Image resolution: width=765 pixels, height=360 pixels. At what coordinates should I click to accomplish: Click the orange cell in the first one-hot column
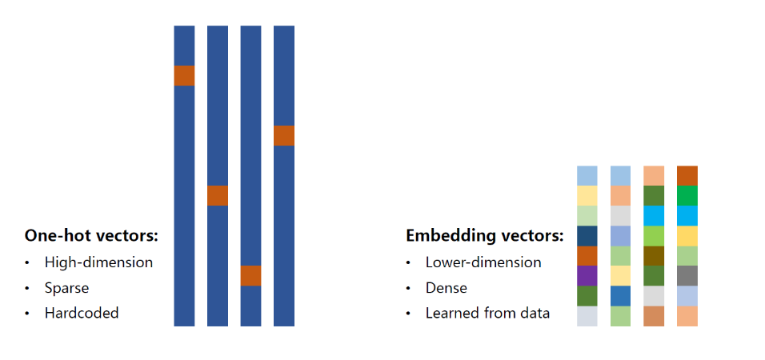[184, 75]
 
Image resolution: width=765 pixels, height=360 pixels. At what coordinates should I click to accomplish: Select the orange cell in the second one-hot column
[218, 195]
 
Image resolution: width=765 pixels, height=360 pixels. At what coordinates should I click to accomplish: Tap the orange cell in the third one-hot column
[250, 275]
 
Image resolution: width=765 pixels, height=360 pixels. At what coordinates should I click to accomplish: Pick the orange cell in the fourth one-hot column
[284, 135]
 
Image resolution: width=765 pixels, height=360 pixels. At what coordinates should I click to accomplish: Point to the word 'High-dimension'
[98, 262]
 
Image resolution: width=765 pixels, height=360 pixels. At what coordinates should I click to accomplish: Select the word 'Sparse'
[66, 287]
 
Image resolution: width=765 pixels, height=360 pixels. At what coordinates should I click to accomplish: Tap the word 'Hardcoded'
[82, 313]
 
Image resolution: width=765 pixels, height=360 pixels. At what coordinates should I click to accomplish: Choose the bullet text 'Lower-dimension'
[483, 262]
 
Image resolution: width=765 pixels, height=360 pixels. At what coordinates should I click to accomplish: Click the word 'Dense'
[447, 287]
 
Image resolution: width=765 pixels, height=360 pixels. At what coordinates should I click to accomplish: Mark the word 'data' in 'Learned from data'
[534, 313]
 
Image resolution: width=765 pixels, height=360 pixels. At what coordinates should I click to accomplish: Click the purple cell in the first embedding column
[587, 275]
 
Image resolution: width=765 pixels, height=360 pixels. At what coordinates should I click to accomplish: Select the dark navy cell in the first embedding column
[587, 235]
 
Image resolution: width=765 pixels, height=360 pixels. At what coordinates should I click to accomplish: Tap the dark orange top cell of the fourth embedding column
[687, 175]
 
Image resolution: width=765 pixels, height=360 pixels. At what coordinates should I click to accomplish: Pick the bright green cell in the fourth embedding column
[687, 195]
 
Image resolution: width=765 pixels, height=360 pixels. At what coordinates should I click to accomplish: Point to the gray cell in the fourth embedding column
[687, 275]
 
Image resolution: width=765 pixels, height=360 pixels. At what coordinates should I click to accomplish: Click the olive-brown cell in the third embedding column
[654, 255]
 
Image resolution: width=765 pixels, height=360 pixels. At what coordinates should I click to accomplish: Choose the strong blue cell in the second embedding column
[620, 295]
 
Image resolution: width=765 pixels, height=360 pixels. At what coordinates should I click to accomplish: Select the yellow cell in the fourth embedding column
[687, 235]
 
